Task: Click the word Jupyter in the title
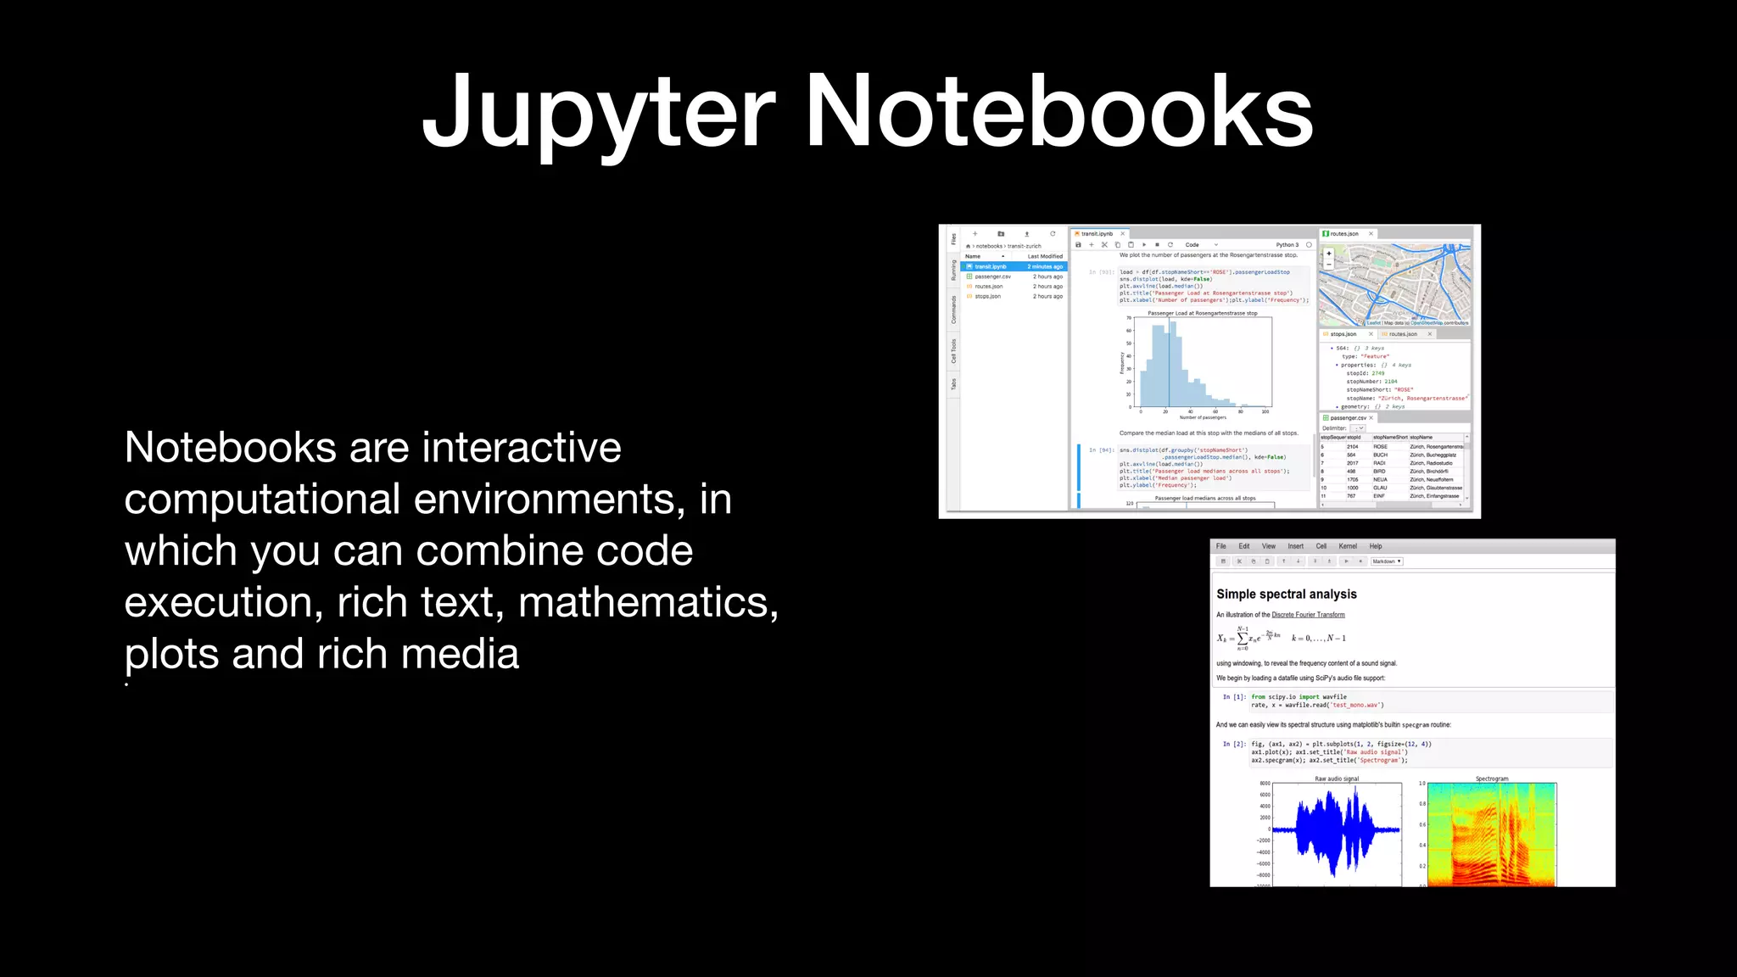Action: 597,113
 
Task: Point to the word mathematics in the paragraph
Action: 648,602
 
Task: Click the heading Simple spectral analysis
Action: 1286,594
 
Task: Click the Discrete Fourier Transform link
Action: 1308,615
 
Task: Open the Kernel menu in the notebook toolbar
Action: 1347,546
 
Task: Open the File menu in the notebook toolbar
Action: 1220,546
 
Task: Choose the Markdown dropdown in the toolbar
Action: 1387,561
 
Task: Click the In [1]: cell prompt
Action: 1234,697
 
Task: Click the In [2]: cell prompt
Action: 1234,744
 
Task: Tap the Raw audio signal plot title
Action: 1337,779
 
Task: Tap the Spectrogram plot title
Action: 1491,779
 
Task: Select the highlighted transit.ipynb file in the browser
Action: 991,266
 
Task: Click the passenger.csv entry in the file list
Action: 992,276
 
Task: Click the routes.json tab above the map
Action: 1343,233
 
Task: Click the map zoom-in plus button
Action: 1329,254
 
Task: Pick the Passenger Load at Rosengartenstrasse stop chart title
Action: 1202,313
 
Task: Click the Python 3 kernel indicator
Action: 1287,244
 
